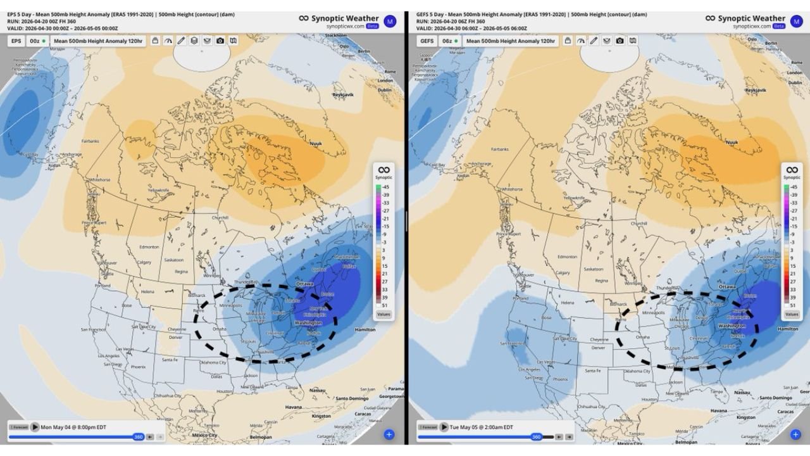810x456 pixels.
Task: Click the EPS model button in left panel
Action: click(x=16, y=41)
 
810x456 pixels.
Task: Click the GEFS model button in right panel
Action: click(x=427, y=41)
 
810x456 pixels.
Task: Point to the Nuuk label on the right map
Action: click(x=732, y=142)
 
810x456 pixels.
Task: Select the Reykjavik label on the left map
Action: click(x=342, y=94)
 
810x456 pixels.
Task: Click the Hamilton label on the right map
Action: click(x=788, y=329)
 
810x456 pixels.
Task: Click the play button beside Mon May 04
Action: click(x=35, y=427)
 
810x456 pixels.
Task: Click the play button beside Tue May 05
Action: click(x=445, y=427)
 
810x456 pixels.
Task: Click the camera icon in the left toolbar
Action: click(x=220, y=41)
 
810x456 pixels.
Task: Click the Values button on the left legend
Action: click(x=383, y=313)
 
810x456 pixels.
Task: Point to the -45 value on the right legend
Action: click(x=794, y=187)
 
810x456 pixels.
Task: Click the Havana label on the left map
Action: click(x=294, y=407)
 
